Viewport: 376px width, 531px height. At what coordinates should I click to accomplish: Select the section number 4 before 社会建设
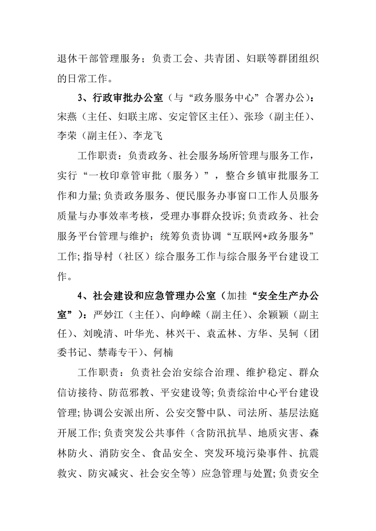(x=81, y=296)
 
